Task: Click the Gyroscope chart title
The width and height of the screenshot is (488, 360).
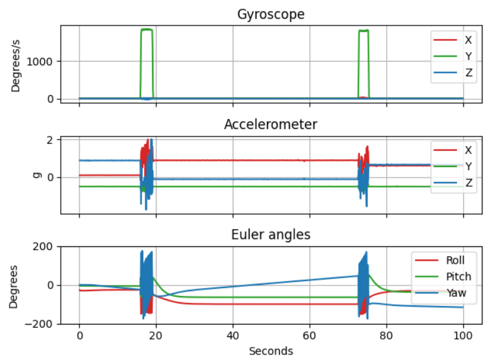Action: click(x=270, y=14)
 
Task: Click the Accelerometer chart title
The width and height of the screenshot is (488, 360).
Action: click(x=270, y=124)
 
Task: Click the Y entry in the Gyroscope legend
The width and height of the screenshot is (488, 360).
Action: click(x=468, y=56)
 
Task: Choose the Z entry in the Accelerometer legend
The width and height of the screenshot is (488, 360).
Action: click(x=468, y=183)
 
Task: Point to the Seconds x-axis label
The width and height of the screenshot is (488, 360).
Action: click(x=271, y=351)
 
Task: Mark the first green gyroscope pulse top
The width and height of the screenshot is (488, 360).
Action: click(x=147, y=30)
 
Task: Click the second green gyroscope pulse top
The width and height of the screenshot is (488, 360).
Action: click(x=364, y=30)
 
